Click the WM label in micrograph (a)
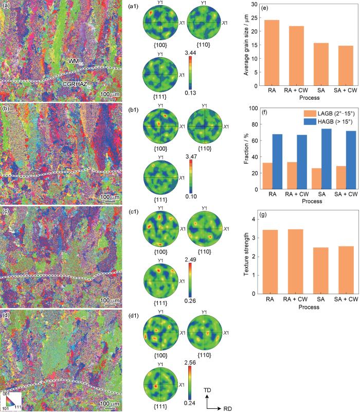76,61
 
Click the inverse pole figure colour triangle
10,401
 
